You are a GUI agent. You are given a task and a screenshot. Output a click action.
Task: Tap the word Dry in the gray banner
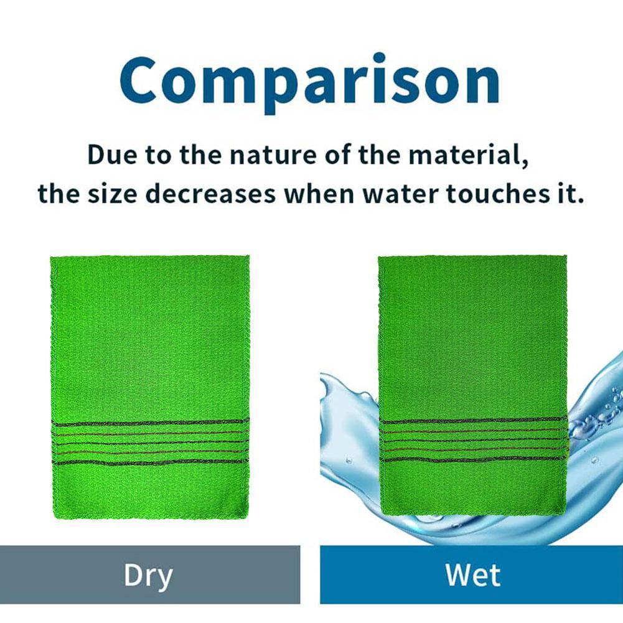point(148,575)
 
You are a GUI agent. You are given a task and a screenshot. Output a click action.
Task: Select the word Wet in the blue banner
point(473,575)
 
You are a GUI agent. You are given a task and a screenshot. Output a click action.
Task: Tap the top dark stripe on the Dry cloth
point(149,423)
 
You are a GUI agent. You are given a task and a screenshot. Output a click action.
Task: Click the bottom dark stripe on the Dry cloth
point(149,462)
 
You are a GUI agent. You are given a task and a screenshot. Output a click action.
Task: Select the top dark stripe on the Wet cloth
point(473,421)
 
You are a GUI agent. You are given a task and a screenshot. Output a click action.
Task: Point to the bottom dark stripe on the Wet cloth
point(473,460)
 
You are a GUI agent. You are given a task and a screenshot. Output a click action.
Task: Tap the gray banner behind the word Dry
point(50,575)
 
